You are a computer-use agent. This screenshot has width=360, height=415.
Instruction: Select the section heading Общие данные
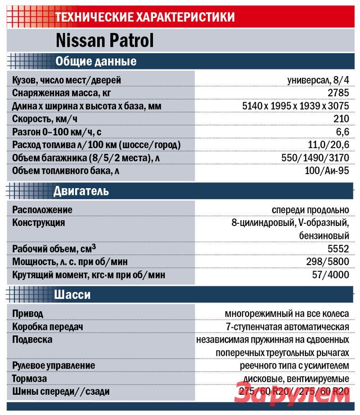coord(95,61)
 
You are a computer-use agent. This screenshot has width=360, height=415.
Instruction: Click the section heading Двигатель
coord(81,191)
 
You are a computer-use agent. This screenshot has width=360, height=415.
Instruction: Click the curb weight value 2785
coord(338,93)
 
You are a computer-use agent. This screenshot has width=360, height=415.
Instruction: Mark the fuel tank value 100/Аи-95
coord(324,171)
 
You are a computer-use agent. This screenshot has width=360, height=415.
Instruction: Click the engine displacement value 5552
coord(338,248)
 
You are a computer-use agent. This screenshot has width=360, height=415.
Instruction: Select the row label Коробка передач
coord(48,326)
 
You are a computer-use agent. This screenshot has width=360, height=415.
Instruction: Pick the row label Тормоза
coord(30,379)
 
